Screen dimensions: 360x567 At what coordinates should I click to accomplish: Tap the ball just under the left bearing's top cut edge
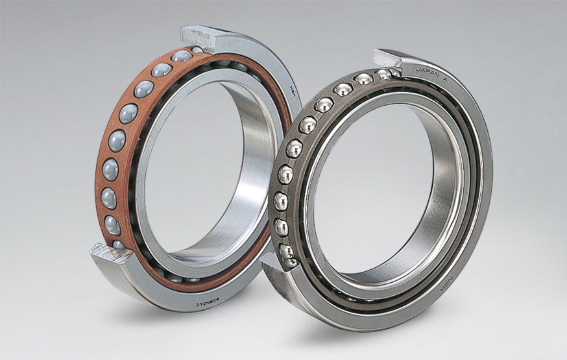182,56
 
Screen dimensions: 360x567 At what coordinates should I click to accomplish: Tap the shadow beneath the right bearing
389,334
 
